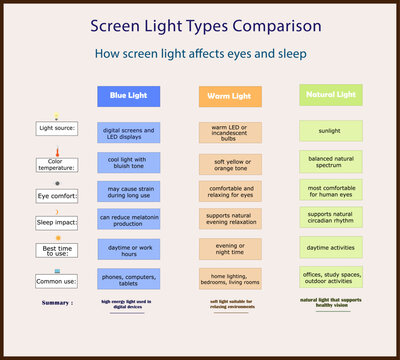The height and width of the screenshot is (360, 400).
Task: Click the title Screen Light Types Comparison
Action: [205, 25]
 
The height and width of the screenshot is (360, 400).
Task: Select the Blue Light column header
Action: [129, 96]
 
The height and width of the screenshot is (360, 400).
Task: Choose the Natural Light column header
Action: [332, 95]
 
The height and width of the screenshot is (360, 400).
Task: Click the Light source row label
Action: [56, 129]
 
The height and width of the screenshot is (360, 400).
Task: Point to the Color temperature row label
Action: [56, 165]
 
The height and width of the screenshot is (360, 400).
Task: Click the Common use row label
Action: [56, 283]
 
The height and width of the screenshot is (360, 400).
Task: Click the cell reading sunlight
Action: [332, 131]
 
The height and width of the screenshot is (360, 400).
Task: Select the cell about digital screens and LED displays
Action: [129, 133]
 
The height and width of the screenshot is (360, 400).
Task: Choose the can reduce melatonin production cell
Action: [129, 219]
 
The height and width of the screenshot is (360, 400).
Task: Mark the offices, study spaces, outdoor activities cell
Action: [332, 277]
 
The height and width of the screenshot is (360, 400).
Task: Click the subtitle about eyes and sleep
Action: [205, 55]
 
